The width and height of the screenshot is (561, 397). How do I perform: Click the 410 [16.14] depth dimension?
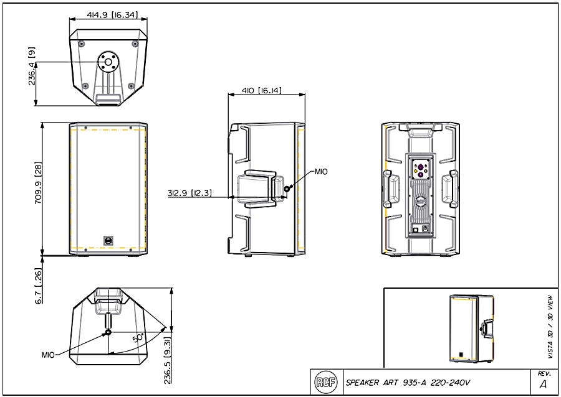coord(262,91)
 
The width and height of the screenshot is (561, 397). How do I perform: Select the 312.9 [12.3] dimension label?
coord(189,194)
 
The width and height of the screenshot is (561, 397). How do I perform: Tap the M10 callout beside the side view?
coord(320,171)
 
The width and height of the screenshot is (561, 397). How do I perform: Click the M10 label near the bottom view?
coord(49,355)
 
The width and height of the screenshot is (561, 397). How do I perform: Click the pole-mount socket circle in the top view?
coord(108,62)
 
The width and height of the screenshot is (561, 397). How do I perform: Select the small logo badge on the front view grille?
coord(108,240)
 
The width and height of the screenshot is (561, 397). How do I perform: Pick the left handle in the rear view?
coord(391,189)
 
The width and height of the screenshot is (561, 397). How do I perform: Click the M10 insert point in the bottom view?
coord(108,332)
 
